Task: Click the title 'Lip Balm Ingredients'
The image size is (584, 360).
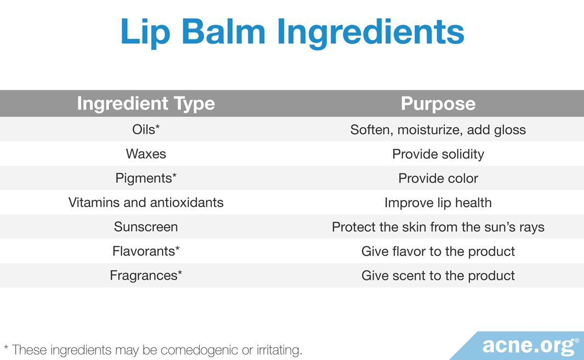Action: [x=292, y=33]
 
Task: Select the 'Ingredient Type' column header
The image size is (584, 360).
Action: [x=146, y=104]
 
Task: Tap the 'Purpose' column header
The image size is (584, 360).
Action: [x=438, y=104]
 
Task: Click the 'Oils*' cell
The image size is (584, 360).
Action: [x=146, y=129]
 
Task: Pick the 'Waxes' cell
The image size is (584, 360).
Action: [x=146, y=154]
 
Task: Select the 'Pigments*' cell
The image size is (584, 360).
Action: [x=146, y=178]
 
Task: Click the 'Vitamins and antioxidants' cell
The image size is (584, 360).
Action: [x=146, y=202]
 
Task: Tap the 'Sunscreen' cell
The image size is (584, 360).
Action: [x=146, y=227]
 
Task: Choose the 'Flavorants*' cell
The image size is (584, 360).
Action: [x=146, y=251]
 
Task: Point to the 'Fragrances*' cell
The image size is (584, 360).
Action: [x=146, y=276]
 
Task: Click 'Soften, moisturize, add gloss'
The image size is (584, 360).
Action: [x=438, y=130]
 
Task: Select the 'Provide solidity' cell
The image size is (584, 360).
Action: [x=438, y=154]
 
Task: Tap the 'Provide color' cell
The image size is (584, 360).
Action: [x=438, y=178]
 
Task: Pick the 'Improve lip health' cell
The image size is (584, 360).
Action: [x=438, y=203]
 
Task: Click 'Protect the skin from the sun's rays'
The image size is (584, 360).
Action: [x=438, y=227]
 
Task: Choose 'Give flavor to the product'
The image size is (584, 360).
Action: [x=438, y=252]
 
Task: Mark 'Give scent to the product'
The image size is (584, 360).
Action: [x=438, y=276]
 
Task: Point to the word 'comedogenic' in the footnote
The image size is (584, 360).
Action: [x=199, y=350]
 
